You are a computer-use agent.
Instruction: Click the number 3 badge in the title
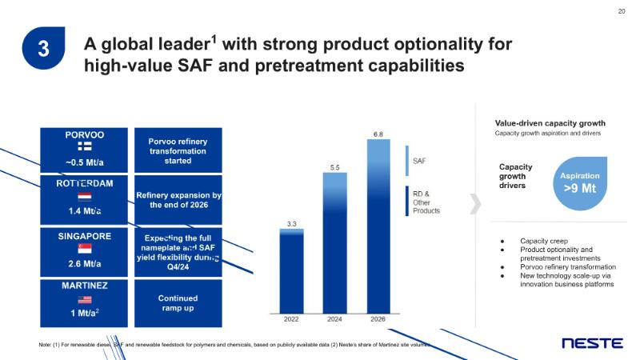click(x=44, y=49)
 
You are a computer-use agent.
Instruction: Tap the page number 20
click(x=622, y=10)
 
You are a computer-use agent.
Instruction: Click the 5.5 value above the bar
click(x=336, y=166)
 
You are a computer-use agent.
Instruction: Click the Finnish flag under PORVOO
click(x=84, y=147)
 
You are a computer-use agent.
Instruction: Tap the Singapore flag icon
click(x=84, y=250)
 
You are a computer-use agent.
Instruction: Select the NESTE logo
click(x=592, y=343)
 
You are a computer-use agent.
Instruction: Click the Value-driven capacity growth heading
click(x=550, y=123)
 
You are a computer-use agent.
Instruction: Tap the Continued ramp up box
click(x=178, y=302)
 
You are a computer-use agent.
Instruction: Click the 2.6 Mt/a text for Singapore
click(x=84, y=263)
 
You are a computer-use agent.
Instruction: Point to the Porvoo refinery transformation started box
click(x=178, y=151)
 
